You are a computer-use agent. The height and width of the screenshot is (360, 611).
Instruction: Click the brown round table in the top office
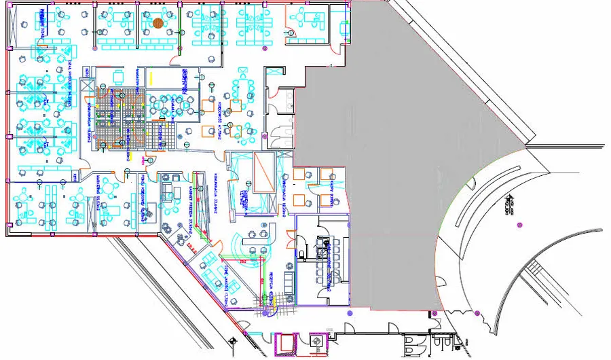158,23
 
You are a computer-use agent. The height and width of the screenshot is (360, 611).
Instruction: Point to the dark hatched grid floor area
112,119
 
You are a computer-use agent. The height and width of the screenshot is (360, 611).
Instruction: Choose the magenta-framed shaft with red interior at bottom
285,343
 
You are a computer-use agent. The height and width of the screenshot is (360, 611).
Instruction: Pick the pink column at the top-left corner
10,7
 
